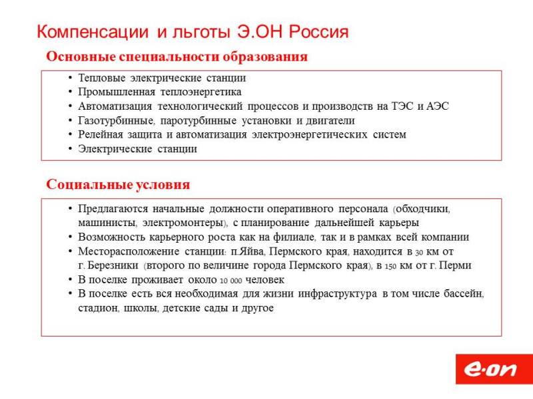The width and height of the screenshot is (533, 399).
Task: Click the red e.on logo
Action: coord(494,369)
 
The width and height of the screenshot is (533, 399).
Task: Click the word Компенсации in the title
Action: coord(93,32)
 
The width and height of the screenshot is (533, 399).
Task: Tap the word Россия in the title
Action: coord(318,31)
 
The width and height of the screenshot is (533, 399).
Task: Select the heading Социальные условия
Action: coord(118,185)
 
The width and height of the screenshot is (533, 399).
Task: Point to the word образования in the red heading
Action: coord(265,57)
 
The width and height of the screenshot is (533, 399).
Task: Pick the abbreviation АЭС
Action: coord(438,106)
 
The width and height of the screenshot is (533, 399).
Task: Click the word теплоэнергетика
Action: coord(201,92)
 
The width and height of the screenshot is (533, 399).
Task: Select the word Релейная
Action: coord(101,135)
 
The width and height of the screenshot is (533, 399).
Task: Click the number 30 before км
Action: coord(419,253)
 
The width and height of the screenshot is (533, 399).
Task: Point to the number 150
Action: coord(390,267)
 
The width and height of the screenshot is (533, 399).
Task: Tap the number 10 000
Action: coord(231,281)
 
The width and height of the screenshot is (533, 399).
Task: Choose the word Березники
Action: coord(113,265)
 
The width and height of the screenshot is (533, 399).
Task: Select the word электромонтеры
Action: coord(184,223)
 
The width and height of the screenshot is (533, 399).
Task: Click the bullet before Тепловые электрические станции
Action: coord(70,78)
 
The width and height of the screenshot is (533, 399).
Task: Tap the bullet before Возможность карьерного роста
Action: coord(70,237)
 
